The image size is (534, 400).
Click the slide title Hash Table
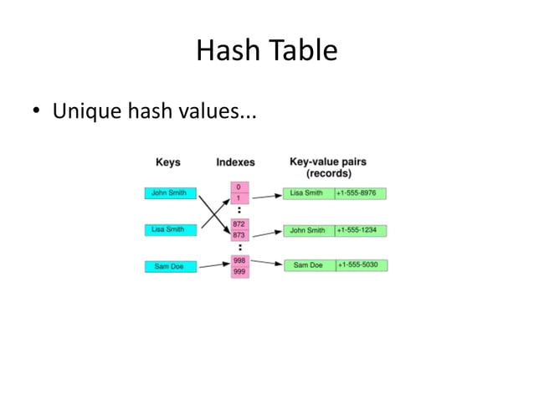[x=266, y=52]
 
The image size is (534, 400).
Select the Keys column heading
[x=167, y=162]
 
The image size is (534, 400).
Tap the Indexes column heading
[x=235, y=162]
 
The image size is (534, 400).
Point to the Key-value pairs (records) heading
[x=327, y=167]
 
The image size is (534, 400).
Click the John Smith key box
[x=170, y=193]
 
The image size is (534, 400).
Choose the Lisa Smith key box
[x=170, y=229]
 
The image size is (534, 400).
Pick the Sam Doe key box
[x=170, y=266]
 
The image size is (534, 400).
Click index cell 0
[x=239, y=187]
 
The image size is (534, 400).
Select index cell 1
[x=239, y=198]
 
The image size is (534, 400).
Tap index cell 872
[x=239, y=224]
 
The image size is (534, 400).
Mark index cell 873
[x=239, y=235]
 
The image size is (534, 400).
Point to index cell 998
[x=239, y=260]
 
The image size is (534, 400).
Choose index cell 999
[x=239, y=271]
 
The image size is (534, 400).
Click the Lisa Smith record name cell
[x=308, y=193]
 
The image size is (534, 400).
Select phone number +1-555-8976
[x=361, y=193]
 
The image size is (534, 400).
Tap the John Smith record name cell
[x=308, y=230]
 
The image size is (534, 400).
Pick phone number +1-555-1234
[x=361, y=230]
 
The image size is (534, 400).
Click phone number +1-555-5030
[x=361, y=265]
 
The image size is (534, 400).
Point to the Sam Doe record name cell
[x=308, y=265]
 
